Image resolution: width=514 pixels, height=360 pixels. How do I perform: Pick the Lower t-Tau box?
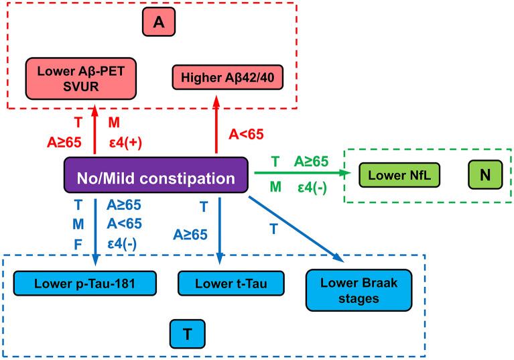coord(221,283)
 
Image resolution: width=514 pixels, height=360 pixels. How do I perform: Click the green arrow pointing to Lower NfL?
coord(302,173)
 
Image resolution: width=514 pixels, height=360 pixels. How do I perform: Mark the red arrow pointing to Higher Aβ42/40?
coord(216,127)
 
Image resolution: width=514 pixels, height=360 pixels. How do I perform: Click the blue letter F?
coord(78,244)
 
